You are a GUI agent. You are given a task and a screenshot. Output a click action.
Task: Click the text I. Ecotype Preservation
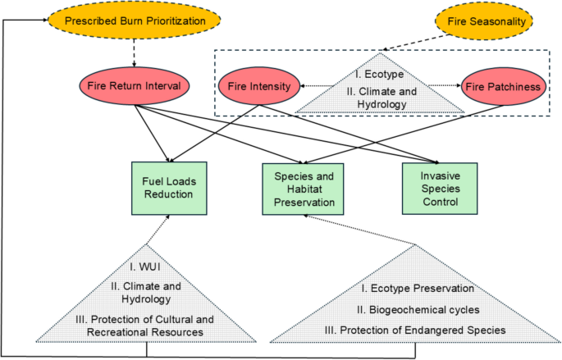coord(417,288)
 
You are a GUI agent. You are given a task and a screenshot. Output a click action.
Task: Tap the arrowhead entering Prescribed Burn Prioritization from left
coord(42,21)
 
